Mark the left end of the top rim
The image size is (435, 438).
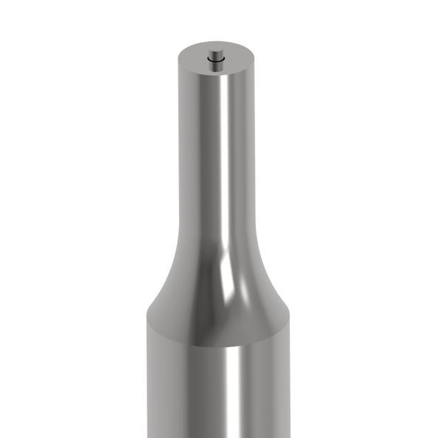click(x=178, y=60)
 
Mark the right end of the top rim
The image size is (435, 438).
click(x=254, y=60)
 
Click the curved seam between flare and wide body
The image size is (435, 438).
click(x=215, y=345)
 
